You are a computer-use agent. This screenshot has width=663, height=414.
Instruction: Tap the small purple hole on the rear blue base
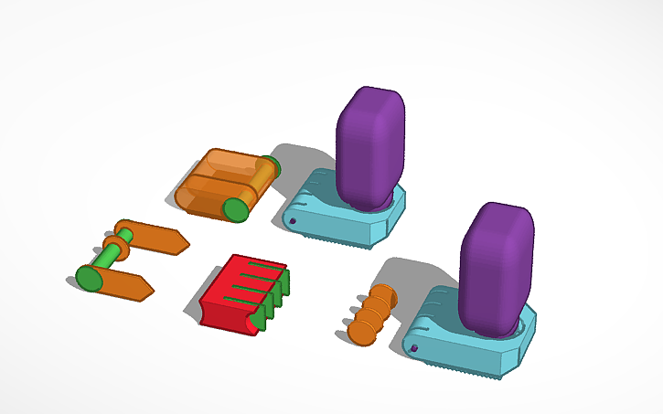tap(293, 221)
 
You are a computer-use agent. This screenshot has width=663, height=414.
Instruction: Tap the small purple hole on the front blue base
tap(414, 348)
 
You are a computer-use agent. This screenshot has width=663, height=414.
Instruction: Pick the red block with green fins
tap(233, 292)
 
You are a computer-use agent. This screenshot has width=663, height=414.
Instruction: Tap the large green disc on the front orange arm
tap(89, 278)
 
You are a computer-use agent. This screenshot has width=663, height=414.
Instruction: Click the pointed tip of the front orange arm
tap(146, 292)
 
